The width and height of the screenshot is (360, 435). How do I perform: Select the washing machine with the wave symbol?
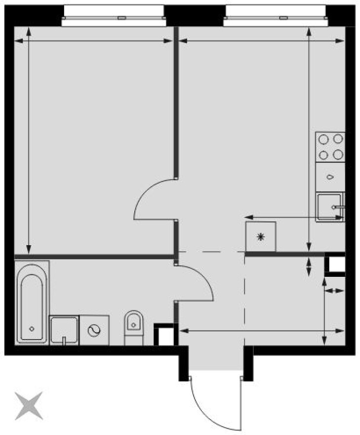(94, 330)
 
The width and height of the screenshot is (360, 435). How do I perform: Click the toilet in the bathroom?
(133, 326)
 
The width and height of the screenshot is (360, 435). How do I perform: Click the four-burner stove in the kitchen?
(330, 147)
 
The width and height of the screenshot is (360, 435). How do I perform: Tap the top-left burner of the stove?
(324, 139)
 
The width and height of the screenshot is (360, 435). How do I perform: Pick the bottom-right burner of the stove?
(338, 155)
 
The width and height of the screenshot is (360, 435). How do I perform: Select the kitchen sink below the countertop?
(329, 207)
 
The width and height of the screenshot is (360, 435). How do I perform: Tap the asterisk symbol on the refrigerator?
(261, 237)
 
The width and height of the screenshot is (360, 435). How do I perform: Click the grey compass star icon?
(29, 406)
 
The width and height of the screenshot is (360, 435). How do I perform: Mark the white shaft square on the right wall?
(337, 265)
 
